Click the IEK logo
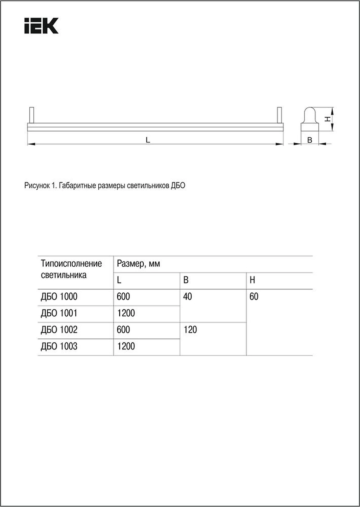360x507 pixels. (x=41, y=26)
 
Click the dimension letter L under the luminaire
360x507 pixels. (x=148, y=140)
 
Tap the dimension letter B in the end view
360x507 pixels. (x=310, y=140)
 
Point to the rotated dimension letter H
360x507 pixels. (x=328, y=119)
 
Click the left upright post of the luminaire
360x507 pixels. (x=31, y=115)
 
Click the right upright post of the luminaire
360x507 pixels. (x=279, y=115)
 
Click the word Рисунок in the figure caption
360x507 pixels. (x=37, y=186)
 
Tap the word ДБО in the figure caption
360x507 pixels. (x=178, y=186)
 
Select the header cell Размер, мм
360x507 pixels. (x=138, y=264)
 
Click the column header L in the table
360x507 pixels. (x=119, y=280)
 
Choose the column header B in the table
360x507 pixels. (x=186, y=280)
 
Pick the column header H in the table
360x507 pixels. (x=252, y=280)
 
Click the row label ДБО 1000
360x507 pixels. (x=59, y=297)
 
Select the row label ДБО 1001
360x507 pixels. (x=59, y=313)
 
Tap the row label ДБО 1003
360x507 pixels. (x=59, y=346)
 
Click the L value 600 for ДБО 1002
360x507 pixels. (x=123, y=330)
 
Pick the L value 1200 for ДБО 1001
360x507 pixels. (x=126, y=313)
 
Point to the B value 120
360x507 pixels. (x=190, y=330)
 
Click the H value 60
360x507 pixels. (x=254, y=297)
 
